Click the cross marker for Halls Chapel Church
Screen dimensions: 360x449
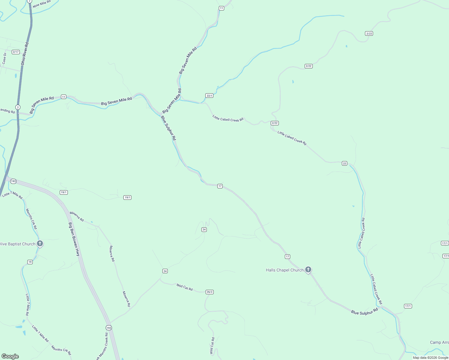(308, 269)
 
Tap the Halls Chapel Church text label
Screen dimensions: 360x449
(285, 270)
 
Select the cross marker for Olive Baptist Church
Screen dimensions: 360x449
(40, 243)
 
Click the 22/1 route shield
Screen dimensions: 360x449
(209, 96)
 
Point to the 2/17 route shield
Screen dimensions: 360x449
(16, 52)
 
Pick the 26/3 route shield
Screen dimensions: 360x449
(209, 292)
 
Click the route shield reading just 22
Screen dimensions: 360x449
(344, 163)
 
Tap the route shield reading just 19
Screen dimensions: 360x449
(30, 262)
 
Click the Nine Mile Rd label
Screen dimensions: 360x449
(42, 4)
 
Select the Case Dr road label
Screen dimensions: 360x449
(4, 58)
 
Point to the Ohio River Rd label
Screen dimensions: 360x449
(25, 54)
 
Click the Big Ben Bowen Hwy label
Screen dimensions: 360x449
(74, 239)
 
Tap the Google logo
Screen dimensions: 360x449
(10, 356)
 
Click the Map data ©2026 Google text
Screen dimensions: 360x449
(430, 358)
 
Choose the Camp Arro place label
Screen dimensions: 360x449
(439, 342)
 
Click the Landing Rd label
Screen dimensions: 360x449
(7, 111)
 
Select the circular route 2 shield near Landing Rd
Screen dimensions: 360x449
(18, 107)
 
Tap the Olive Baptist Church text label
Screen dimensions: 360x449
(18, 244)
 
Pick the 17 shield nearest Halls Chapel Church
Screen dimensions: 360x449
(288, 256)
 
